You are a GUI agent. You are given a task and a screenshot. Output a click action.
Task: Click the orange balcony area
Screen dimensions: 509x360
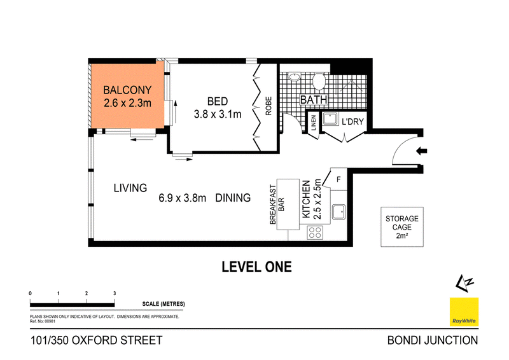tap(128, 96)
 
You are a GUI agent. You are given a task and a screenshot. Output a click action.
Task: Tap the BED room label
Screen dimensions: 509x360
tap(217, 101)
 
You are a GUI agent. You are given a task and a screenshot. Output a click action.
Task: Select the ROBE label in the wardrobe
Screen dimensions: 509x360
tap(268, 106)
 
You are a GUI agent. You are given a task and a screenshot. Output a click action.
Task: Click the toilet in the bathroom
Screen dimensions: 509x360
tap(319, 81)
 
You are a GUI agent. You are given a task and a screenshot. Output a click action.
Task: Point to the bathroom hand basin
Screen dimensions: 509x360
tap(294, 77)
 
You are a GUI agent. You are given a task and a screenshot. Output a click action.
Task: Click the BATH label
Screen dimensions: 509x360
tap(314, 100)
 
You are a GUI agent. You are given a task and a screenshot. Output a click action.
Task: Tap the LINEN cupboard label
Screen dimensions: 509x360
tap(314, 123)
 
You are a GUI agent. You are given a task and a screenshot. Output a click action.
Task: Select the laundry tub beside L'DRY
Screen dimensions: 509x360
tap(331, 118)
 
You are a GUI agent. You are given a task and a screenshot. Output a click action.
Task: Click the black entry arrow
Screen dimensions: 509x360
tap(421, 151)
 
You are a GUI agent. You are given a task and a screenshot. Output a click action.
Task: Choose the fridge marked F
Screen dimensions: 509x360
tap(338, 179)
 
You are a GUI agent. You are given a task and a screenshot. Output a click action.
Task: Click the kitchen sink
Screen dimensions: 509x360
tap(338, 212)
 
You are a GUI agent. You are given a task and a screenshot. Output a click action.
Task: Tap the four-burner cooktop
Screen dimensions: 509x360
tap(315, 232)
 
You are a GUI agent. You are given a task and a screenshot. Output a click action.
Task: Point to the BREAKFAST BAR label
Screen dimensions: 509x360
tap(277, 205)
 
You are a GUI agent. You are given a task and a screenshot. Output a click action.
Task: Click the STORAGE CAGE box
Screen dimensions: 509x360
tap(402, 227)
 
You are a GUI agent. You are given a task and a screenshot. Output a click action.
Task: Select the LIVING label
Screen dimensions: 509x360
tap(130, 188)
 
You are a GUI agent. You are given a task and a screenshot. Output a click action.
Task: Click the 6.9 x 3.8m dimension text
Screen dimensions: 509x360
tap(182, 198)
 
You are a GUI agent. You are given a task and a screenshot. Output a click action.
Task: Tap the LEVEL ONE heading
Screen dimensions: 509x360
tap(256, 267)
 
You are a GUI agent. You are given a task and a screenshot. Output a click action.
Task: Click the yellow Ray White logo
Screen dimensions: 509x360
tap(464, 312)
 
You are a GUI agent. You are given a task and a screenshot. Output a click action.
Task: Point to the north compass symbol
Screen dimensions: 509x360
tap(464, 283)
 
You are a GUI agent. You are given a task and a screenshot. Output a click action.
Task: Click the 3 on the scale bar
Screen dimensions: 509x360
tap(115, 293)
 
